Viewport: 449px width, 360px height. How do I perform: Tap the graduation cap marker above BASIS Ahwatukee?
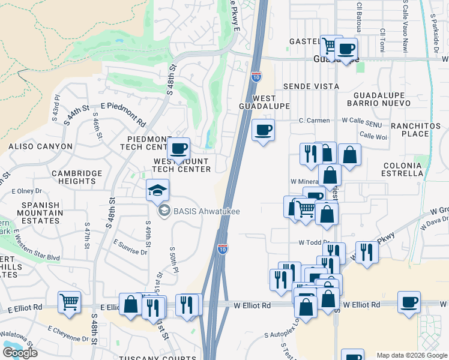(157, 190)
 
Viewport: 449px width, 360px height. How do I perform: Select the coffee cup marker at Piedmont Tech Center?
(178, 149)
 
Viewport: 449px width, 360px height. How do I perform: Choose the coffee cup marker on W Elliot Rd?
(409, 302)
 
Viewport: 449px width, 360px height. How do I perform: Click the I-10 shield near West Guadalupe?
(256, 76)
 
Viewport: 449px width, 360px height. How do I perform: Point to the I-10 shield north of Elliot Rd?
(222, 248)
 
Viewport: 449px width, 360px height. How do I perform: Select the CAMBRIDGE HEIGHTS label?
(77, 178)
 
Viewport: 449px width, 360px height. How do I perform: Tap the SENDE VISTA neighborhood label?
(311, 86)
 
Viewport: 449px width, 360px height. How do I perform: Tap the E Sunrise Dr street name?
(130, 247)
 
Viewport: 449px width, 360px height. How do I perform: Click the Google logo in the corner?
(20, 352)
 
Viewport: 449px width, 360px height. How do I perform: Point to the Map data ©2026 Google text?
(411, 355)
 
